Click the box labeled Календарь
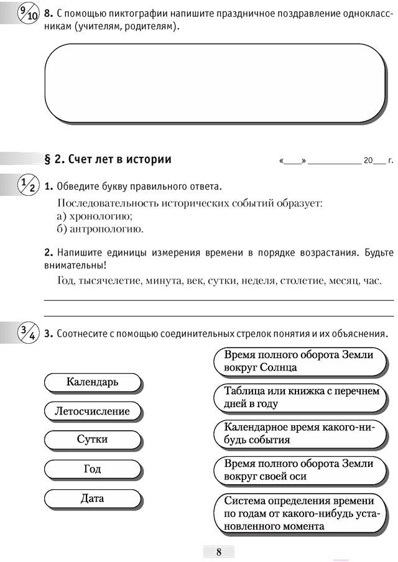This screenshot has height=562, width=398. coord(92,382)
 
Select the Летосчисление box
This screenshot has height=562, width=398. coord(92,411)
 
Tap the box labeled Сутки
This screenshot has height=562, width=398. coord(92,440)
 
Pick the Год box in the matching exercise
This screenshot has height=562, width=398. coord(92,469)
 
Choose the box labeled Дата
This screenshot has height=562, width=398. coord(92,498)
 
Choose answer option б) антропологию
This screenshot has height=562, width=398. coord(99,229)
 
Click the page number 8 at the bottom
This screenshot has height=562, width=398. coord(218,552)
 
